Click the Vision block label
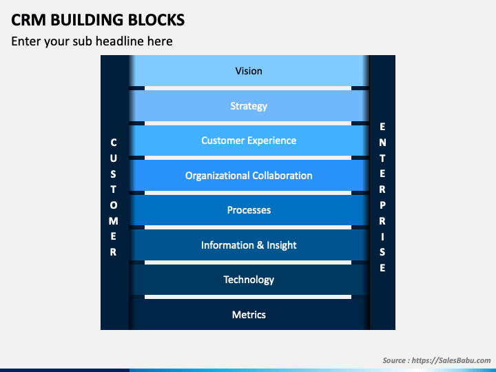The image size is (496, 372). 249,71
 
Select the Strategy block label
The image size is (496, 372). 249,106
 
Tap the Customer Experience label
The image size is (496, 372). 249,141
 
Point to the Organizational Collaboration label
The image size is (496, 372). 249,176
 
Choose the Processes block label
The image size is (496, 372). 249,210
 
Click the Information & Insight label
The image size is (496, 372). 249,245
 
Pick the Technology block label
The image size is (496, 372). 249,280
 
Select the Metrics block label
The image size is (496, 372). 249,315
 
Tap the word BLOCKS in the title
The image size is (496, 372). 156,19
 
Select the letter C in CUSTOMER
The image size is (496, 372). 114,143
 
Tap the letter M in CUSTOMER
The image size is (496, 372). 114,221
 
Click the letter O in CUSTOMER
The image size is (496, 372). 114,205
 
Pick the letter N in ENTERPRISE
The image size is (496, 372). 382,143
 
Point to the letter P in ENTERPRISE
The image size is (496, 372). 382,205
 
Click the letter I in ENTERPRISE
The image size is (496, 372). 382,236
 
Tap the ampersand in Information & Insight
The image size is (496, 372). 260,245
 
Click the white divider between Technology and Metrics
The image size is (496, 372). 248,297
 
